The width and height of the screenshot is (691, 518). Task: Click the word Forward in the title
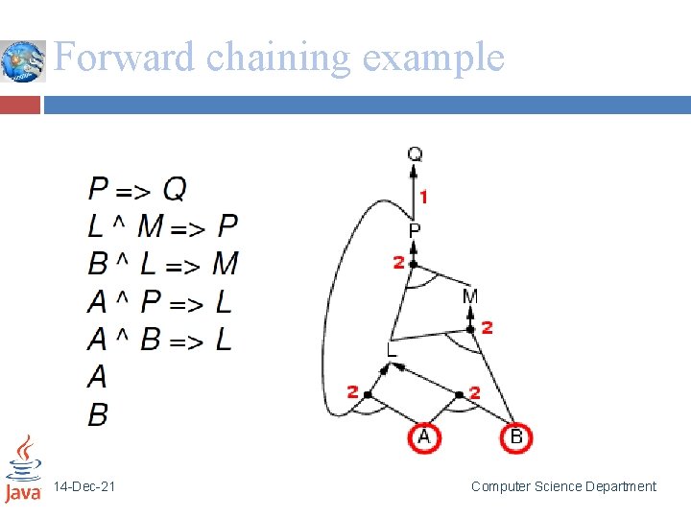click(x=126, y=58)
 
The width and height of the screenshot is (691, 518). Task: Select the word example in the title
click(x=434, y=58)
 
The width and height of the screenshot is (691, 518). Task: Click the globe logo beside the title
click(x=23, y=61)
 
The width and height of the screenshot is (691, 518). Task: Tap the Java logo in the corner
click(x=23, y=469)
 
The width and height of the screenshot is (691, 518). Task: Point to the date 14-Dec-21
click(x=84, y=487)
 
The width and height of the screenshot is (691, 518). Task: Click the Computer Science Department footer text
click(x=563, y=486)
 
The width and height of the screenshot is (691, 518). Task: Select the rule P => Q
click(x=137, y=188)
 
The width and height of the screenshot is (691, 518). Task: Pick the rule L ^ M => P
click(x=162, y=226)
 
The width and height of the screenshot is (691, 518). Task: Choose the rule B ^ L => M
click(x=162, y=264)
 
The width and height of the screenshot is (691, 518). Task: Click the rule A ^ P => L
click(x=159, y=302)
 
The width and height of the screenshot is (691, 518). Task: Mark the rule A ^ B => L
click(x=159, y=340)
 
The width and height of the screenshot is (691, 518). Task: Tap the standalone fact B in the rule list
click(x=98, y=414)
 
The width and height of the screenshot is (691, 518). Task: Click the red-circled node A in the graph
click(x=425, y=437)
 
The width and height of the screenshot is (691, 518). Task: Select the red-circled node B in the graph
click(x=516, y=437)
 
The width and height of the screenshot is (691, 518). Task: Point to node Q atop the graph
click(x=415, y=154)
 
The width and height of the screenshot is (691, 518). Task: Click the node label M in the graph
click(x=469, y=296)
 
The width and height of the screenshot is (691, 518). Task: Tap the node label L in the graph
click(x=391, y=351)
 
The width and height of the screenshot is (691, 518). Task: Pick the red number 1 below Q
click(x=423, y=197)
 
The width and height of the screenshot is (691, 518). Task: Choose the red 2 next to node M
click(x=487, y=328)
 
